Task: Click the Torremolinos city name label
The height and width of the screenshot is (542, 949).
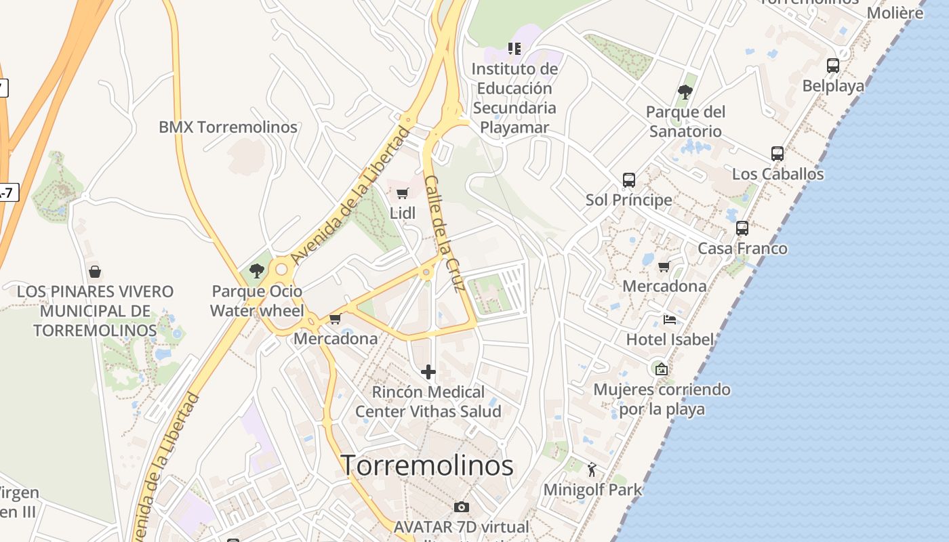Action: point(426,465)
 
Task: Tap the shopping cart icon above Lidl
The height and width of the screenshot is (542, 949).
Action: point(402,194)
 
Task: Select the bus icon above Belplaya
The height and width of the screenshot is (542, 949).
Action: point(833,66)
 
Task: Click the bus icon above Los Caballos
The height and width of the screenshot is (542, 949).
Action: point(778,154)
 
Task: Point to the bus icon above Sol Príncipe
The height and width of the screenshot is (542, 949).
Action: point(629,180)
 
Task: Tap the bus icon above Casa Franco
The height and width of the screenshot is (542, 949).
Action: point(742,228)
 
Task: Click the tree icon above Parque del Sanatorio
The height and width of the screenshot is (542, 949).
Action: point(685,92)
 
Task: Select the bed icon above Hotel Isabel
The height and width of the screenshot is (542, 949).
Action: point(670,320)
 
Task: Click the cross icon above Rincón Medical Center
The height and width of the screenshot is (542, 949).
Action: point(428,372)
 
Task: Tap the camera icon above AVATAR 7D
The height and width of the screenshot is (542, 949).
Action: point(461,507)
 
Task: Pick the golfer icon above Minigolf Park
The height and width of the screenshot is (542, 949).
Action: point(592,470)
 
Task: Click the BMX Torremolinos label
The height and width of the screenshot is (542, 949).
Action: point(228,127)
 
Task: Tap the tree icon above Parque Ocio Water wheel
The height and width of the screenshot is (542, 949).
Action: point(256,271)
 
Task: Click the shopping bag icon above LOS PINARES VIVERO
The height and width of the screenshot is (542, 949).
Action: point(95,272)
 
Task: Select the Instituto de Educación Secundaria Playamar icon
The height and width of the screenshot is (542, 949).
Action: point(514,49)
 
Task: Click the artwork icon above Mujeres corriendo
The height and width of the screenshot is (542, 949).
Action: point(661,369)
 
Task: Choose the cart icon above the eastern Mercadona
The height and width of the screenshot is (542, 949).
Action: point(664,266)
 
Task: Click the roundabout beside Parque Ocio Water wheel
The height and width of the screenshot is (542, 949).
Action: point(281,270)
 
